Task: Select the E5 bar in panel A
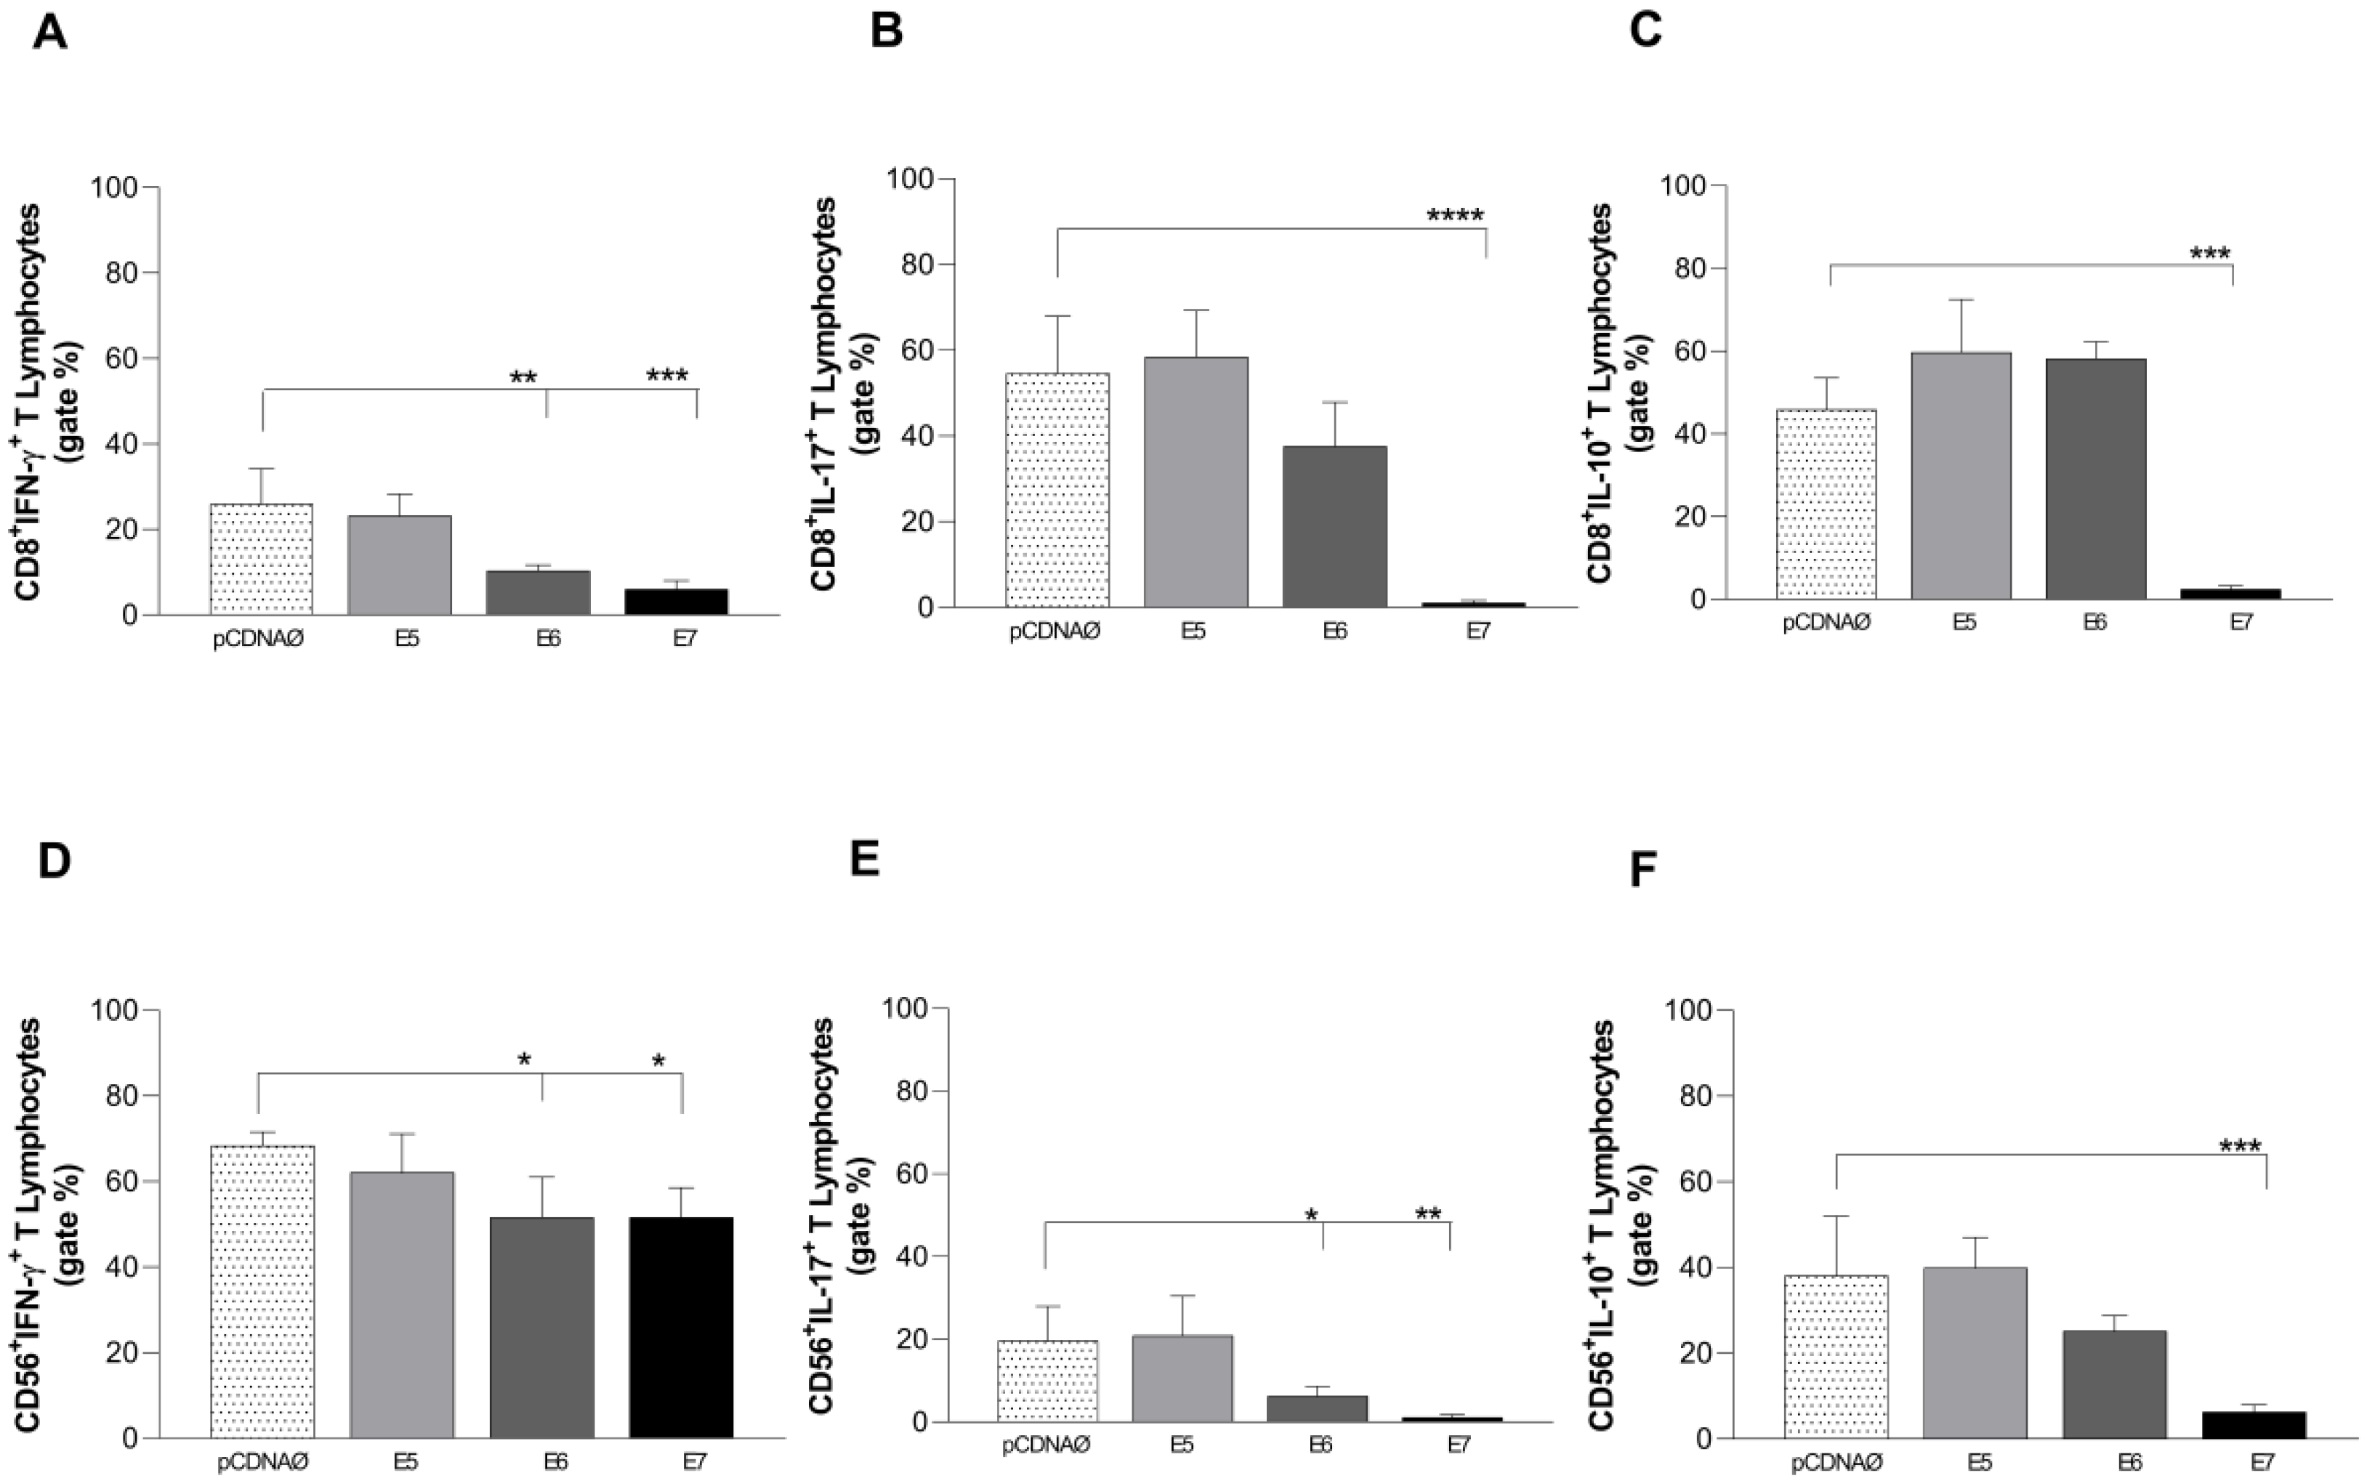[400, 565]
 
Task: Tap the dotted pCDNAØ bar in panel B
[1057, 490]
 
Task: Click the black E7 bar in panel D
[681, 1327]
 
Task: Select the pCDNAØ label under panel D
[262, 1461]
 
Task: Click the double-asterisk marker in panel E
[1428, 1214]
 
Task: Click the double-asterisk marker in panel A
[523, 378]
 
